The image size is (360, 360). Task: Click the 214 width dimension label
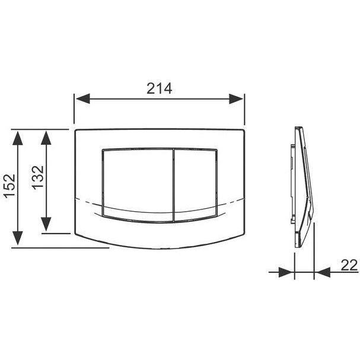[160, 88]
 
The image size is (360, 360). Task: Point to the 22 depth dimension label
[349, 265]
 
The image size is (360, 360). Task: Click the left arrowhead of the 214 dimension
[82, 99]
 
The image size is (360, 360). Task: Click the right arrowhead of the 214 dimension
[236, 99]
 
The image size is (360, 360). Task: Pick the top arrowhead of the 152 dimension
[18, 138]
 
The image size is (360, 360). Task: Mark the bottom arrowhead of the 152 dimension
[18, 238]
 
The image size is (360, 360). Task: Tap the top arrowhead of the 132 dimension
[46, 138]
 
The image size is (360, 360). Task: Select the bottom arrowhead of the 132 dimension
[46, 224]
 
